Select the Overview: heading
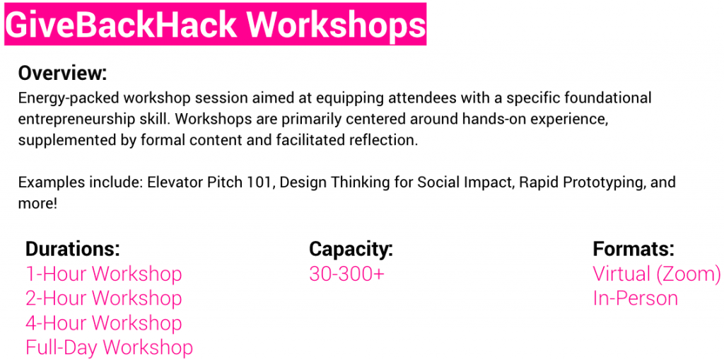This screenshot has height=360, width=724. pyautogui.click(x=62, y=73)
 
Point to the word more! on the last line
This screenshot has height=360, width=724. pyautogui.click(x=38, y=204)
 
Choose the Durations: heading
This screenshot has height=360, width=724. pyautogui.click(x=73, y=249)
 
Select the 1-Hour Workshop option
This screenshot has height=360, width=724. pyautogui.click(x=104, y=274)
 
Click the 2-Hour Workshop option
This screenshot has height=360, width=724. pyautogui.click(x=104, y=298)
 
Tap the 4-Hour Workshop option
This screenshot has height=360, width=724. pyautogui.click(x=104, y=323)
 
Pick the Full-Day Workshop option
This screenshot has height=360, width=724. pyautogui.click(x=110, y=347)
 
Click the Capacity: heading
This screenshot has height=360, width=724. pyautogui.click(x=351, y=250)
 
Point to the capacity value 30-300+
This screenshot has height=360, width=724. pyautogui.click(x=346, y=274)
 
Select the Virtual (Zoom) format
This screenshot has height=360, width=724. pyautogui.click(x=657, y=274)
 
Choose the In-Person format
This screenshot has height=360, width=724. pyautogui.click(x=636, y=298)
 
